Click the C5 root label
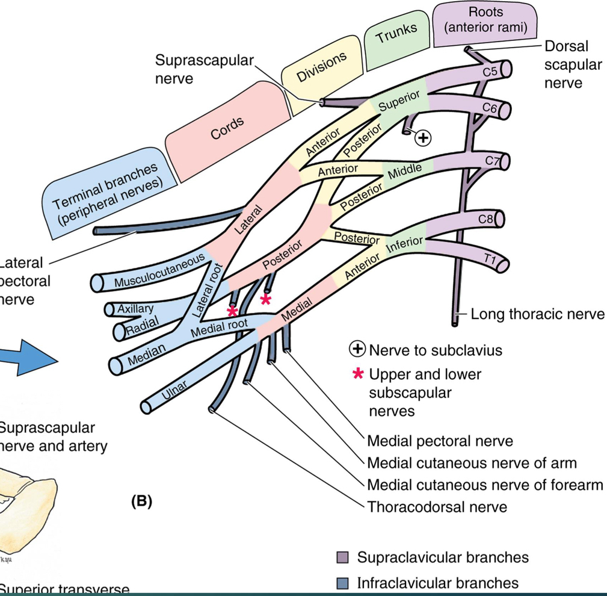click(490, 72)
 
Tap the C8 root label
click(485, 220)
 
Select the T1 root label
click(488, 258)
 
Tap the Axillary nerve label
click(135, 308)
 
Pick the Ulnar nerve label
click(174, 391)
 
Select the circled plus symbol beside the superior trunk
click(424, 138)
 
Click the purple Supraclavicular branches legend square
click(342, 557)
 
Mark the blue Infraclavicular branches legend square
click(342, 583)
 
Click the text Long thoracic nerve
click(537, 314)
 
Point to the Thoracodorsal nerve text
click(437, 506)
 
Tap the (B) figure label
click(141, 501)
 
